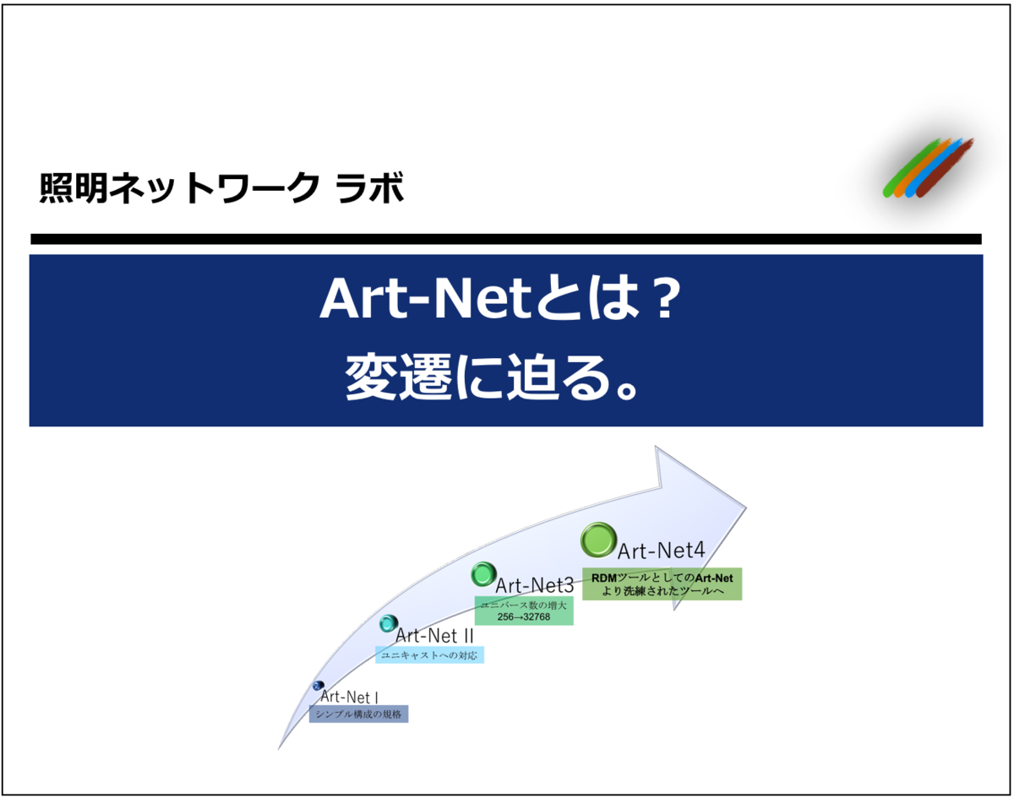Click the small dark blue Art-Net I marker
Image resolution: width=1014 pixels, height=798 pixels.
[x=318, y=686]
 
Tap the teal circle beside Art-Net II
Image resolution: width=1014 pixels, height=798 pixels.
[x=388, y=624]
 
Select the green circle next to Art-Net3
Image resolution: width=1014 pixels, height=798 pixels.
[x=482, y=575]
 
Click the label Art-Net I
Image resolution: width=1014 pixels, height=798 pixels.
[x=349, y=698]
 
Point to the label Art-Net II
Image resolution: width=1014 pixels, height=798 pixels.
[x=434, y=635]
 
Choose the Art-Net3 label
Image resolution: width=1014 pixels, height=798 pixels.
[x=535, y=584]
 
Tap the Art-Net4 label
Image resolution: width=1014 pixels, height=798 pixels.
[x=661, y=551]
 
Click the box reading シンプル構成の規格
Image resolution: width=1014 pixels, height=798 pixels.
[x=358, y=714]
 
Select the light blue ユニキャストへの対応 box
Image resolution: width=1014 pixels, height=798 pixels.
[x=430, y=654]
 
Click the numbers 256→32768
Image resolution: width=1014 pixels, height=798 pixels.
[x=524, y=617]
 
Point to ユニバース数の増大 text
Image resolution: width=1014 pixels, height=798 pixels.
[x=524, y=605]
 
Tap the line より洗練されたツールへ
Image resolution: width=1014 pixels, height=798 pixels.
[x=662, y=591]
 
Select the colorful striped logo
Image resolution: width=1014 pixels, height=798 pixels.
[x=928, y=169]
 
